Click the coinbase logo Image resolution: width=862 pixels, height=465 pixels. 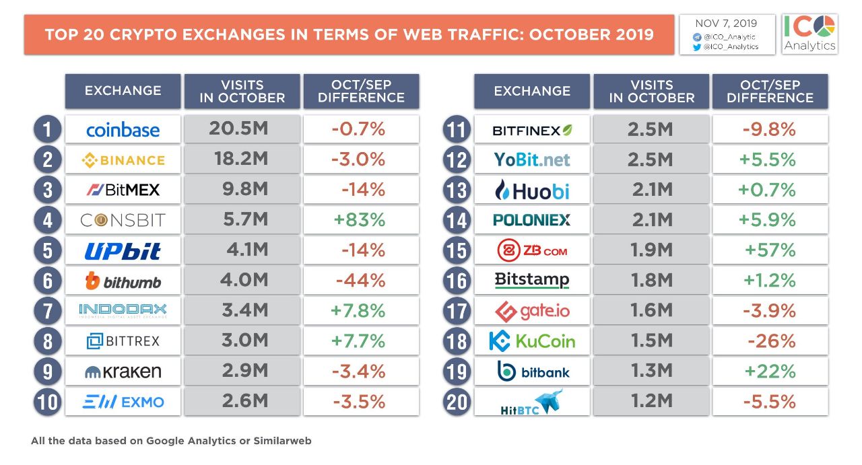click(x=123, y=129)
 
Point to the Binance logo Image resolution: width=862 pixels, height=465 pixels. click(x=123, y=160)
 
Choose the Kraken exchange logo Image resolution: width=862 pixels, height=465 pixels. click(x=123, y=371)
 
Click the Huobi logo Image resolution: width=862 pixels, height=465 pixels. click(x=531, y=190)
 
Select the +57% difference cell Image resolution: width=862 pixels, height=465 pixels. click(x=770, y=250)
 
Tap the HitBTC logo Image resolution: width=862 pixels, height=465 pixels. click(x=531, y=402)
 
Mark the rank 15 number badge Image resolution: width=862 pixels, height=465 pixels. click(x=457, y=251)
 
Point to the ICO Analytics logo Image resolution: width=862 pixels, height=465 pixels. click(x=809, y=34)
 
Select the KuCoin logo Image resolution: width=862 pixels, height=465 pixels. click(x=531, y=341)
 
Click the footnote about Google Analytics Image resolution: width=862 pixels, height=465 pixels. click(x=171, y=441)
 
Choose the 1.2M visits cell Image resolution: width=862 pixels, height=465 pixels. click(x=651, y=402)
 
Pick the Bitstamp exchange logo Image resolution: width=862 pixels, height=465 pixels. click(x=531, y=279)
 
